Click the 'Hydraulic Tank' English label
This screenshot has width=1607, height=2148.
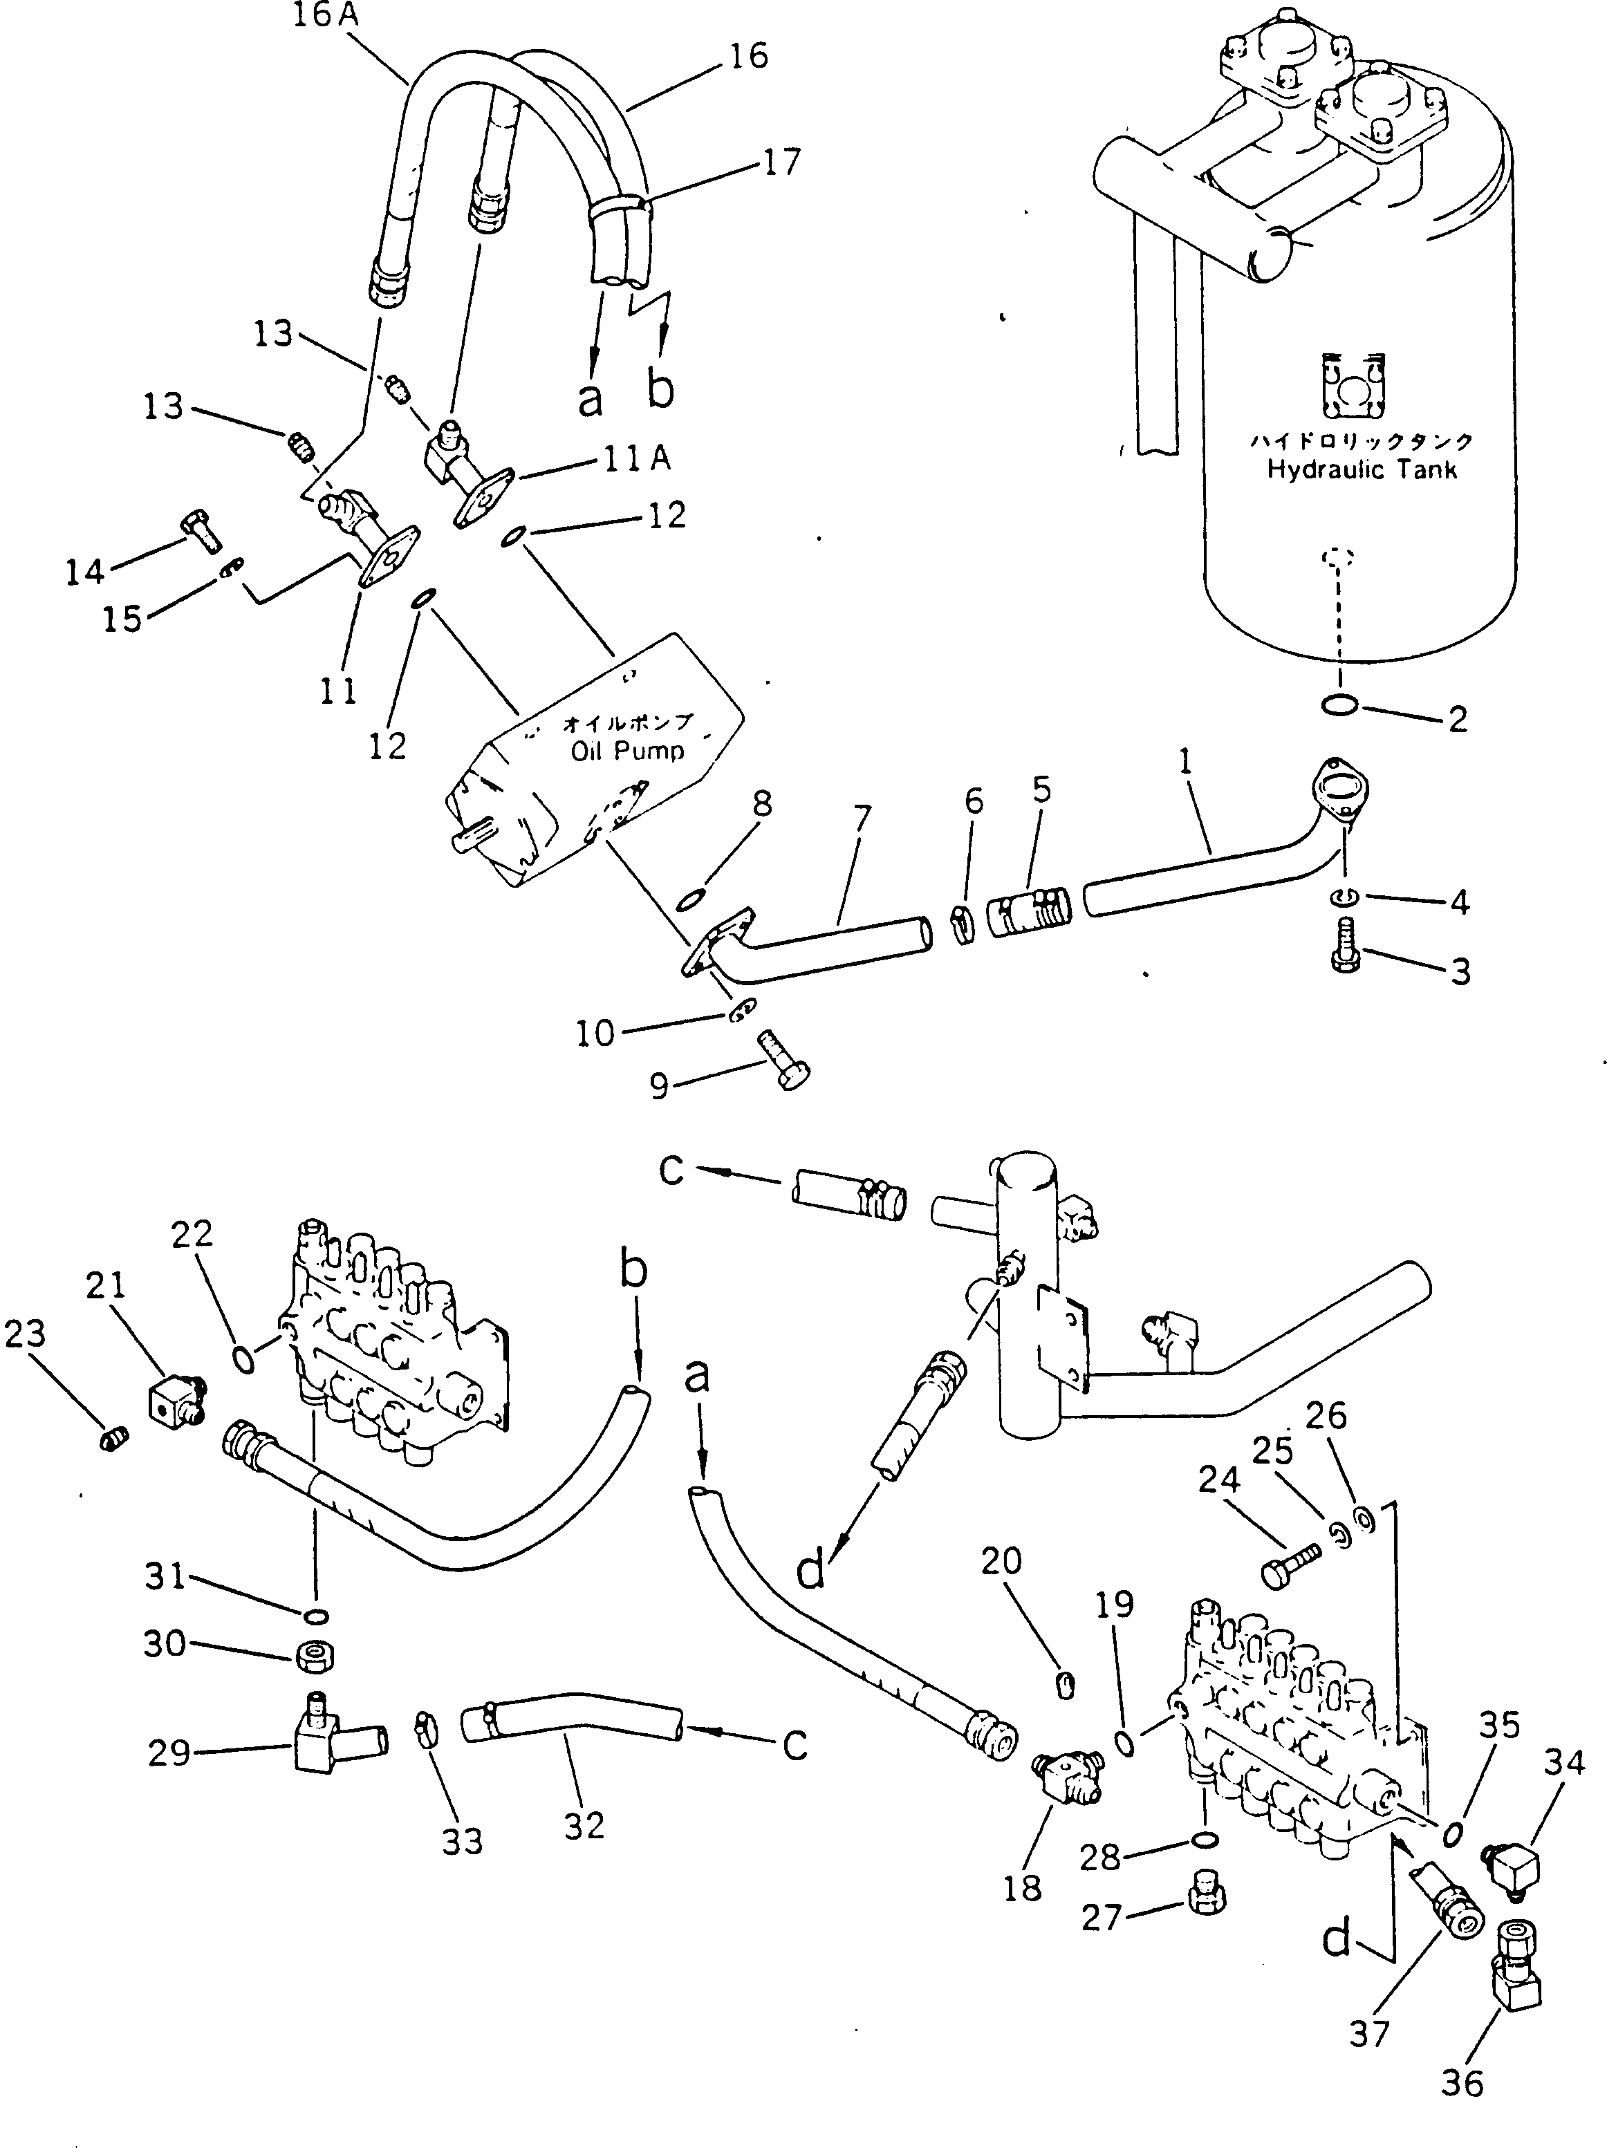pyautogui.click(x=1362, y=470)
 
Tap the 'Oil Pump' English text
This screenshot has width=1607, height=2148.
pyautogui.click(x=627, y=751)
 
